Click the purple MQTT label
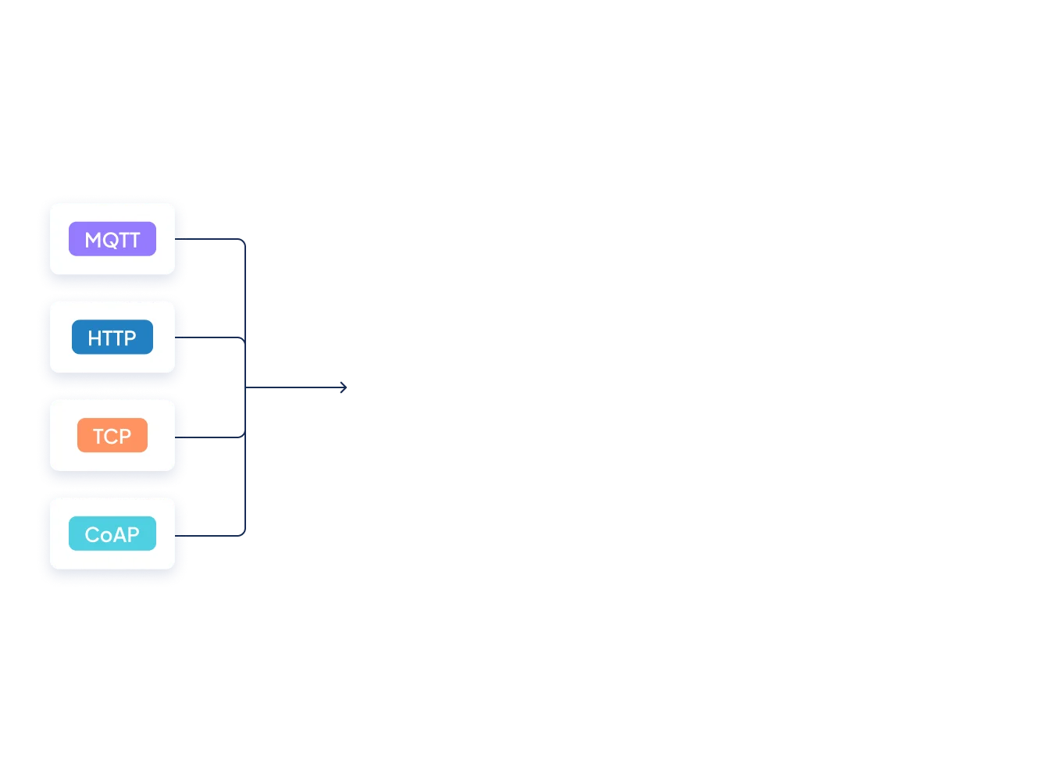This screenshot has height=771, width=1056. pos(112,239)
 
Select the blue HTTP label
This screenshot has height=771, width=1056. pos(112,337)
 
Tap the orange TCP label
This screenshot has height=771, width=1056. pos(112,436)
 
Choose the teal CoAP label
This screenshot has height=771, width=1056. pos(112,534)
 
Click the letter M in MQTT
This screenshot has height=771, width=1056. pos(93,240)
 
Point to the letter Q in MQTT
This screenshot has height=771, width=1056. pos(111,240)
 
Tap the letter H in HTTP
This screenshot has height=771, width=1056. pos(95,338)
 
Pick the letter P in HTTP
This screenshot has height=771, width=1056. pos(130,338)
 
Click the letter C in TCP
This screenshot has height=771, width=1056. pos(112,436)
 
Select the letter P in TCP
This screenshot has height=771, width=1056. pos(125,436)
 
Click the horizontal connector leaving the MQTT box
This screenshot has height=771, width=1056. pos(216,240)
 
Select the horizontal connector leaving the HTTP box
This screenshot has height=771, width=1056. pos(216,338)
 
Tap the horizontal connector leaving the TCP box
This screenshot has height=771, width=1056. pos(216,437)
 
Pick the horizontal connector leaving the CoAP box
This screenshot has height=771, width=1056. pos(216,534)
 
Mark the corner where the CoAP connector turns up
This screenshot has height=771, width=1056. pos(247,534)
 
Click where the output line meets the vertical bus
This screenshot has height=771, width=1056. pos(248,387)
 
